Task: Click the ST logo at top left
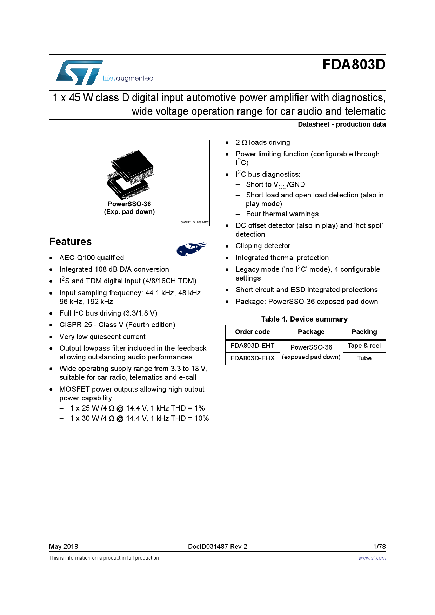(80, 73)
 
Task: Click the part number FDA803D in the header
(354, 65)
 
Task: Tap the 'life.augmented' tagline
(128, 78)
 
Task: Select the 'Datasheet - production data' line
(341, 124)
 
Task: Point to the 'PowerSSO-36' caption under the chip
(129, 204)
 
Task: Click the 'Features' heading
(70, 242)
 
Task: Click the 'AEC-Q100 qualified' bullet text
(92, 258)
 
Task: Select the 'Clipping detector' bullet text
(263, 246)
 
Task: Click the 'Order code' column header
(252, 332)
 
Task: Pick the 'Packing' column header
(364, 332)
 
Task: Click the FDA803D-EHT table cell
(252, 346)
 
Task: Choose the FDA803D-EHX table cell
(252, 358)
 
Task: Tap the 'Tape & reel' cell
(364, 346)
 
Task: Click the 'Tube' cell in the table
(364, 358)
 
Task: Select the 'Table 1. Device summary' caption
(304, 319)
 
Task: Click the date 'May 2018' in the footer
(63, 546)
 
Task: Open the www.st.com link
(372, 558)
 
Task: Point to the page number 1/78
(379, 546)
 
